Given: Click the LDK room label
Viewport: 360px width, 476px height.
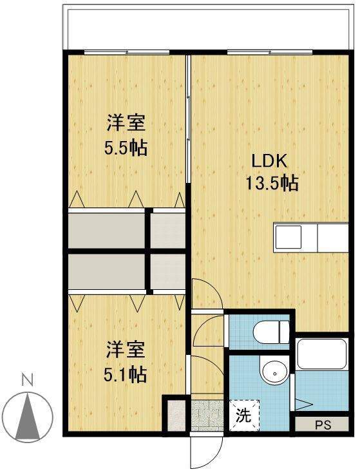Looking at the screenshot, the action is (270, 161).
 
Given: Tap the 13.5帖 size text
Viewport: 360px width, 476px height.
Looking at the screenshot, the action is (272, 184).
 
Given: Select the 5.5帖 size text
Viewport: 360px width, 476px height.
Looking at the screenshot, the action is (126, 148).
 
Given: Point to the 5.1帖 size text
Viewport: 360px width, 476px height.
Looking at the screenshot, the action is (126, 374).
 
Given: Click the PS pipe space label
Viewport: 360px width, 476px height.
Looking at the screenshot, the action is (323, 425).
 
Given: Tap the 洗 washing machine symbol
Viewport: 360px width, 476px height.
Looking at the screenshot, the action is (244, 415).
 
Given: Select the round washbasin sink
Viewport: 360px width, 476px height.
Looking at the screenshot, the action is (275, 373).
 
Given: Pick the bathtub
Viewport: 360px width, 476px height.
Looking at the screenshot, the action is (322, 354).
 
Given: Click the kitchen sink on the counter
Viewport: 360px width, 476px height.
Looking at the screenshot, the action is (288, 238).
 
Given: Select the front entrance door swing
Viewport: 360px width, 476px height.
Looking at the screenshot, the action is (207, 452).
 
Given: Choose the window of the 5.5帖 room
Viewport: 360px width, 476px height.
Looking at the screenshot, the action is (127, 52).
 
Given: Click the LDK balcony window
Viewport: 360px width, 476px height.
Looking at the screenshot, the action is (270, 52).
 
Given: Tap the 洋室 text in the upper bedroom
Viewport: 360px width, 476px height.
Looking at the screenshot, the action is (126, 123).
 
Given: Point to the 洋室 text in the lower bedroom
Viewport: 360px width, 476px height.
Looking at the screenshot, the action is (126, 349).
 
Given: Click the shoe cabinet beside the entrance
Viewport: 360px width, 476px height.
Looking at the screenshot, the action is (176, 415).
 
